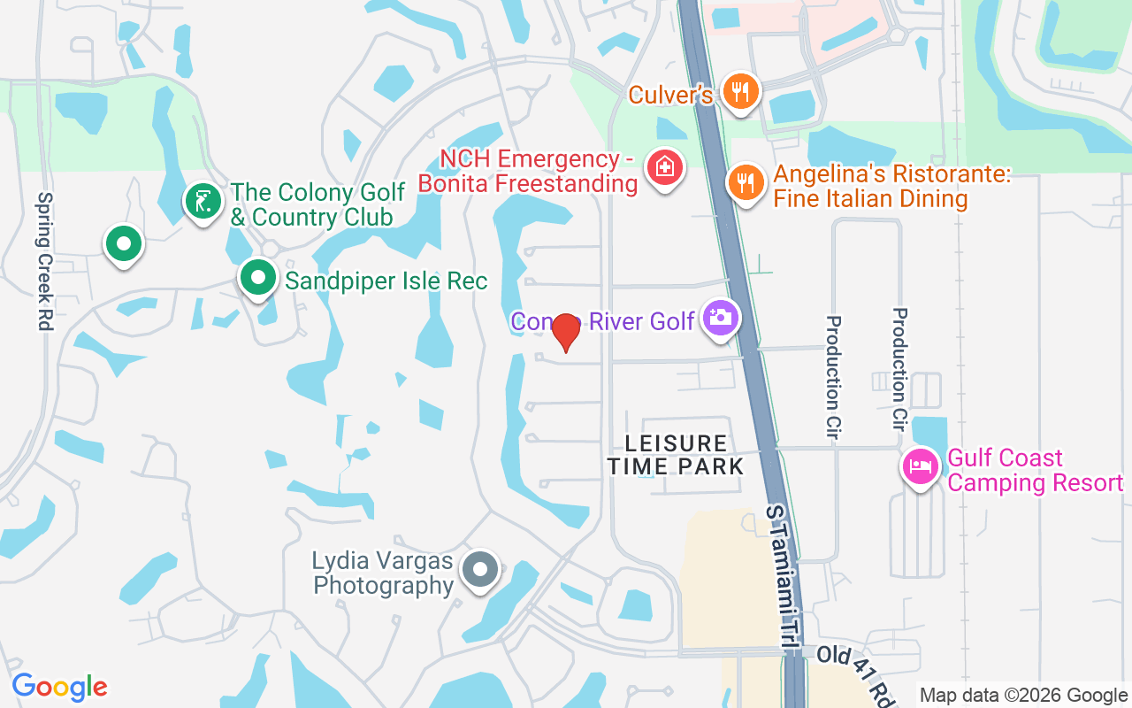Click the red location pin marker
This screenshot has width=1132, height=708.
pyautogui.click(x=565, y=332)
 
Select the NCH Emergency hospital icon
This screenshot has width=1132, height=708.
pyautogui.click(x=663, y=166)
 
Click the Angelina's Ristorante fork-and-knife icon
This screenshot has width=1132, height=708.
pyautogui.click(x=746, y=182)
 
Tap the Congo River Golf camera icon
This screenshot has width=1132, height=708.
pyautogui.click(x=721, y=317)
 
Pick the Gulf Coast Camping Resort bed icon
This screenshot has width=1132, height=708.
pyautogui.click(x=920, y=466)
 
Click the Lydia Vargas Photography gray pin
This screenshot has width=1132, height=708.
pyautogui.click(x=480, y=569)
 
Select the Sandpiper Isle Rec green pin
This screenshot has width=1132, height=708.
pyautogui.click(x=257, y=278)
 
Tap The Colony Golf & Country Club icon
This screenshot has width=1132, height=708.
pyautogui.click(x=203, y=200)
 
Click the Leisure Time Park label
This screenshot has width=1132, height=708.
pyautogui.click(x=676, y=454)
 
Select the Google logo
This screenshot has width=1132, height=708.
pyautogui.click(x=59, y=687)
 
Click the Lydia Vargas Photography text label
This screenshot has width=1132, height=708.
pyautogui.click(x=383, y=573)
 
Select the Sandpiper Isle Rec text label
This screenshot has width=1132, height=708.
pyautogui.click(x=386, y=281)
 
